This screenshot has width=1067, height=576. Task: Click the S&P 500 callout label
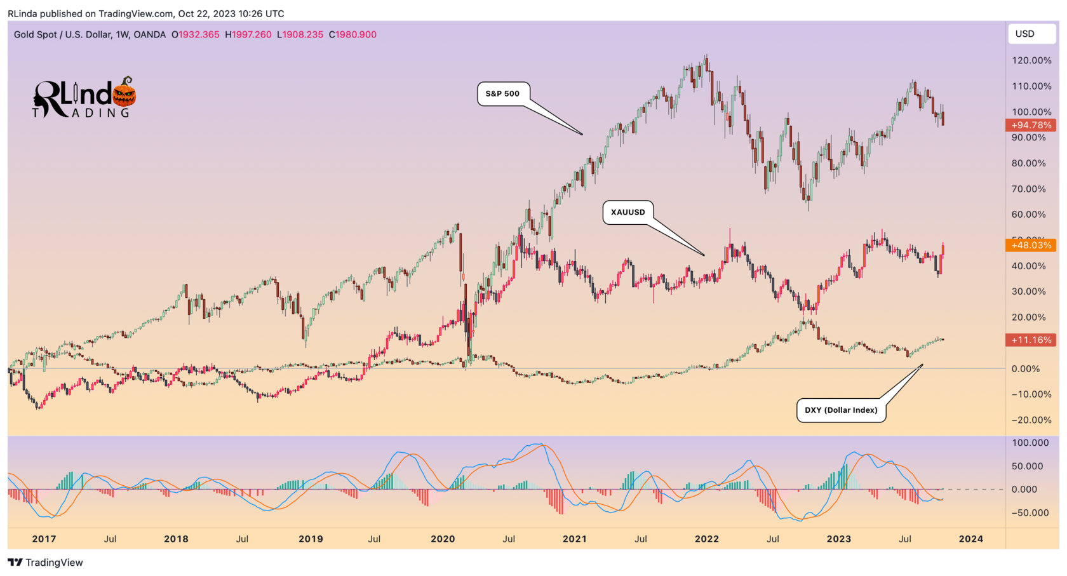(x=502, y=93)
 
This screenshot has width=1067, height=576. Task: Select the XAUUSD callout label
(x=627, y=212)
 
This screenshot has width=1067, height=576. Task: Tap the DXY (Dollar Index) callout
(x=841, y=410)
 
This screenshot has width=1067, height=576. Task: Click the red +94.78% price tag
(x=1031, y=125)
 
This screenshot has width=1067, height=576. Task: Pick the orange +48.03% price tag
(x=1031, y=245)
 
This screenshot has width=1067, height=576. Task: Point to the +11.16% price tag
(x=1031, y=340)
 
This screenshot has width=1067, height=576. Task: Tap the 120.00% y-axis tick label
(x=1031, y=60)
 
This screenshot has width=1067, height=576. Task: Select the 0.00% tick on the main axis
(x=1034, y=368)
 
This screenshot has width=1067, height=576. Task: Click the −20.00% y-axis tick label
(x=1031, y=420)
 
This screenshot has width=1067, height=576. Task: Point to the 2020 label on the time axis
(x=443, y=539)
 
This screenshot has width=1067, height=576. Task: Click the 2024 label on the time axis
(x=970, y=539)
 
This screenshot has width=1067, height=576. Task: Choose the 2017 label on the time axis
(x=44, y=539)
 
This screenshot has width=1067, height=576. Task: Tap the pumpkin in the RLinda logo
(x=124, y=94)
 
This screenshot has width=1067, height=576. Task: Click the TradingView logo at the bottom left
(x=45, y=562)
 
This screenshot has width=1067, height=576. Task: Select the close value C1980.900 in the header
(x=352, y=34)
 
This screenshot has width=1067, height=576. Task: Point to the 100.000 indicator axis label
(x=1030, y=443)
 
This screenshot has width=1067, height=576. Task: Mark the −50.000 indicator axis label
(x=1030, y=512)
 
